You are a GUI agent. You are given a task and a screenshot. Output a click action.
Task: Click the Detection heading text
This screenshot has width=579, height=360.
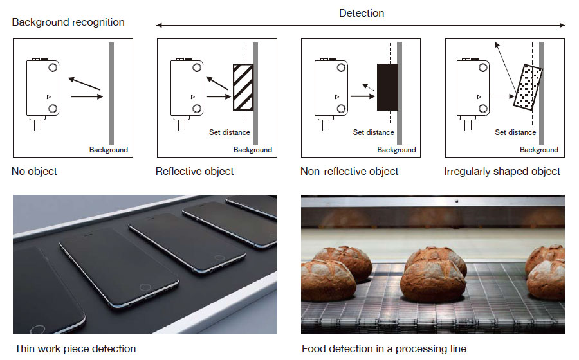[361, 13]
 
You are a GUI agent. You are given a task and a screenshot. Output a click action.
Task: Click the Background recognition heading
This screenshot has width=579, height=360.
[68, 22]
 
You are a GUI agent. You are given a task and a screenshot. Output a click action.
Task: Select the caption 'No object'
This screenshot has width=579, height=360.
[34, 172]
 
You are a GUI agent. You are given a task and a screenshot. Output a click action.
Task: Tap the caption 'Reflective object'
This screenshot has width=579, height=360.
[195, 172]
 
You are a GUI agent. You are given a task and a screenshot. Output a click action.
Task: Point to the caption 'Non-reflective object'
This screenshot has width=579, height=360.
[349, 172]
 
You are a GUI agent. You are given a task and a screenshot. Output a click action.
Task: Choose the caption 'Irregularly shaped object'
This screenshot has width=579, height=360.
[502, 172]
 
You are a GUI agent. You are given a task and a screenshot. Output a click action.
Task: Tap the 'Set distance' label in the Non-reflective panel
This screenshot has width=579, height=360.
[373, 132]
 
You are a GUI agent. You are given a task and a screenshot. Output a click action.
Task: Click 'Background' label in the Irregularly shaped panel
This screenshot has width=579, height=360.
[538, 150]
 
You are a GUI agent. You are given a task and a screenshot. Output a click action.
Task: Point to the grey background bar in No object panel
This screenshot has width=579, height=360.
[111, 93]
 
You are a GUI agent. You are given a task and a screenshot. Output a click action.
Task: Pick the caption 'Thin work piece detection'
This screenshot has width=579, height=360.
[75, 349]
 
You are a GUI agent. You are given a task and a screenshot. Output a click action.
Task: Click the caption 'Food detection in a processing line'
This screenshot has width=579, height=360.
[384, 349]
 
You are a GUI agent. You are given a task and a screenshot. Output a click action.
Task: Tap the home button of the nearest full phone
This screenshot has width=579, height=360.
[146, 286]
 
